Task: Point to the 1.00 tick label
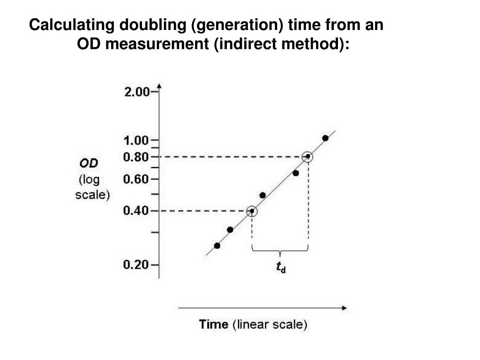pyautogui.click(x=136, y=140)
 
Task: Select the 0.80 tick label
pyautogui.click(x=136, y=157)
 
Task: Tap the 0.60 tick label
pyautogui.click(x=136, y=179)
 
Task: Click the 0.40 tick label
pyautogui.click(x=136, y=211)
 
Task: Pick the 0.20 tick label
pyautogui.click(x=136, y=265)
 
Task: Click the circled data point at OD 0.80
pyautogui.click(x=307, y=157)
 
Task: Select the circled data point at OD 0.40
pyautogui.click(x=252, y=211)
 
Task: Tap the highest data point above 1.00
pyautogui.click(x=325, y=138)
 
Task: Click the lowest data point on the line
pyautogui.click(x=217, y=246)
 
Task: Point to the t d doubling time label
pyautogui.click(x=280, y=268)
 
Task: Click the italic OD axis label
pyautogui.click(x=88, y=164)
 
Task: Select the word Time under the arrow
pyautogui.click(x=214, y=324)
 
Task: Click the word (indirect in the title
pyautogui.click(x=241, y=45)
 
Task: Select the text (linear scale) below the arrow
pyautogui.click(x=270, y=324)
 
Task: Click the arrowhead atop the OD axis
pyautogui.click(x=159, y=86)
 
